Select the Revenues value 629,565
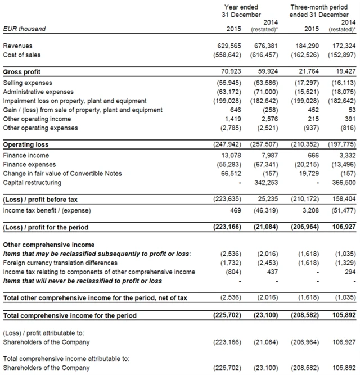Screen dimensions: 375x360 point(230,46)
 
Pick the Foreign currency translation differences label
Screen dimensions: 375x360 point(60,263)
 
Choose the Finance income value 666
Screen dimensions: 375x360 point(315,155)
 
